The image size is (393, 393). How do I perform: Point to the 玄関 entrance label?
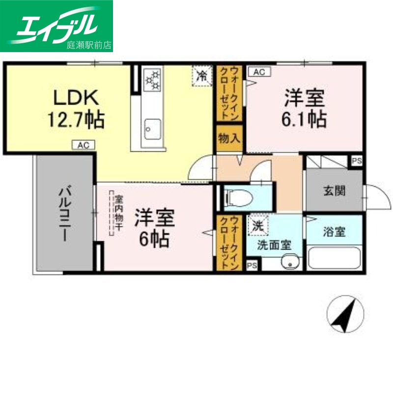pyautogui.click(x=334, y=191)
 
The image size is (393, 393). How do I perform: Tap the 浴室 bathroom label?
pyautogui.click(x=334, y=232)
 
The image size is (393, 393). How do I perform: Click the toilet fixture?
pyautogui.click(x=238, y=197)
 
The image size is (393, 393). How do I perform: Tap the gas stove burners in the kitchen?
pyautogui.click(x=152, y=80)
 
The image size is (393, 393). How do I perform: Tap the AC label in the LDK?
pyautogui.click(x=83, y=145)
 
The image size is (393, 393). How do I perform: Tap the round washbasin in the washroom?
pyautogui.click(x=291, y=263)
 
